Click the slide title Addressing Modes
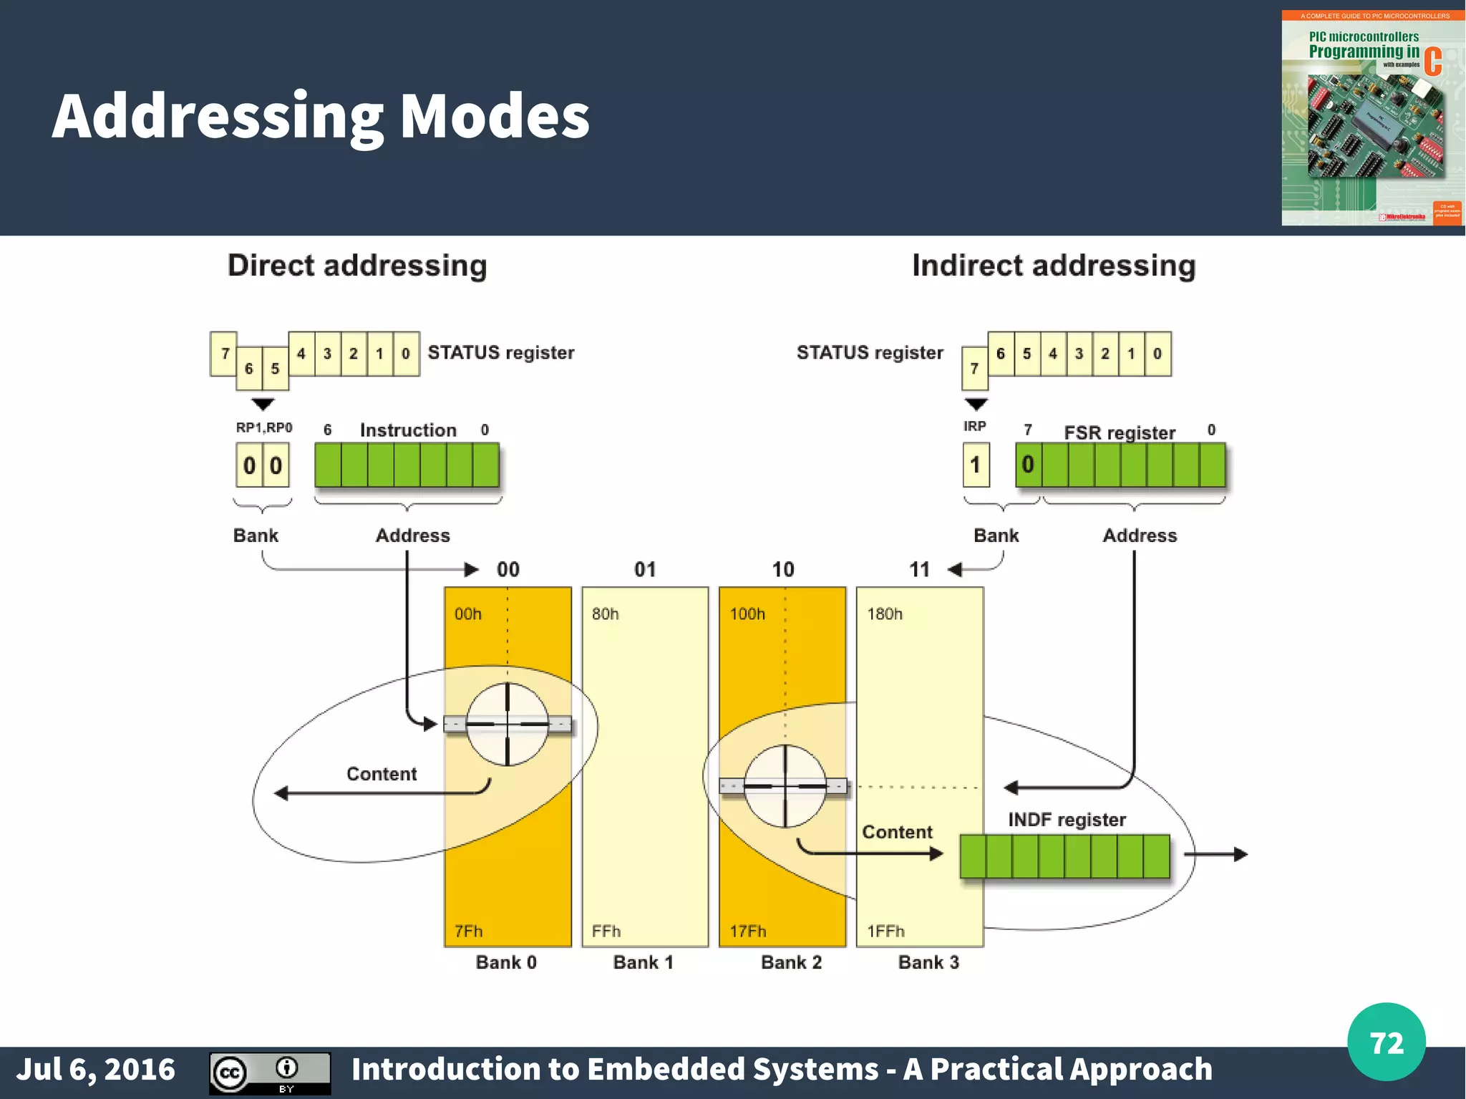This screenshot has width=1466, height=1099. click(321, 117)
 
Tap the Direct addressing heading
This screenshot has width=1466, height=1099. click(357, 266)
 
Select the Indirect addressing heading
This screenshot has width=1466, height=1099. click(1054, 266)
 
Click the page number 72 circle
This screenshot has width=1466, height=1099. click(1386, 1042)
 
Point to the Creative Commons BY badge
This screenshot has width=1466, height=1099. click(270, 1073)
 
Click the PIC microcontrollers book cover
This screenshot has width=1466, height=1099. click(1372, 118)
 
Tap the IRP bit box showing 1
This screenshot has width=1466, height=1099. click(976, 465)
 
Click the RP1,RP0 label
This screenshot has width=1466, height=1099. click(264, 427)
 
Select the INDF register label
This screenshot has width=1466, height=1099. click(1067, 820)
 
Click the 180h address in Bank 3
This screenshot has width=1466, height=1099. click(885, 614)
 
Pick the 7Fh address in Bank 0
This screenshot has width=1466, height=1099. click(469, 931)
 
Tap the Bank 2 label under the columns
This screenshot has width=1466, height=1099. click(791, 962)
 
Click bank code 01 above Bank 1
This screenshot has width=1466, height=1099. click(645, 570)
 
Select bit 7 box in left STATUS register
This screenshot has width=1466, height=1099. click(224, 354)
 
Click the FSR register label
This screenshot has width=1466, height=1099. click(1120, 432)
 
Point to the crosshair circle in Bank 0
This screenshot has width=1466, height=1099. click(508, 725)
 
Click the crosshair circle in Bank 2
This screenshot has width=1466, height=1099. click(785, 786)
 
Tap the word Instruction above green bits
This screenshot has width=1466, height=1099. click(408, 430)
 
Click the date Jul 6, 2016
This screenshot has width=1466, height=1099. click(96, 1069)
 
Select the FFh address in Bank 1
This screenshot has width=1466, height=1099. click(606, 931)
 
